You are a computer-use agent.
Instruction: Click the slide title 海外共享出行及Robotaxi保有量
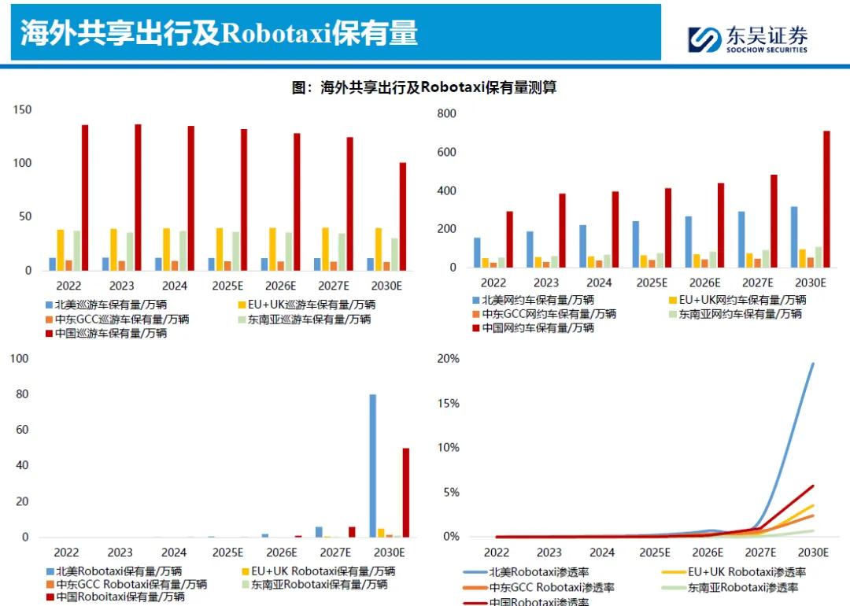pyautogui.click(x=220, y=33)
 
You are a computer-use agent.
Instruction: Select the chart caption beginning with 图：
pyautogui.click(x=424, y=87)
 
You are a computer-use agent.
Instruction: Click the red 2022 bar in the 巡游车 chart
pyautogui.click(x=85, y=198)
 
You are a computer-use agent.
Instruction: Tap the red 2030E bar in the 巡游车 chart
pyautogui.click(x=403, y=216)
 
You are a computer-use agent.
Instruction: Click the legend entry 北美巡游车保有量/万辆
pyautogui.click(x=109, y=305)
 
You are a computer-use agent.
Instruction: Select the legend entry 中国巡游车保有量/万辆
pyautogui.click(x=109, y=333)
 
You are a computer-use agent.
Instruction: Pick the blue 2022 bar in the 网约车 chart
pyautogui.click(x=477, y=253)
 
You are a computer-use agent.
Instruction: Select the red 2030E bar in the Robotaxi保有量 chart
pyautogui.click(x=406, y=493)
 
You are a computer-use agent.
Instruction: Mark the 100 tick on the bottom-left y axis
pyautogui.click(x=19, y=359)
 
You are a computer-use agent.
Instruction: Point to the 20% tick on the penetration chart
pyautogui.click(x=449, y=359)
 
